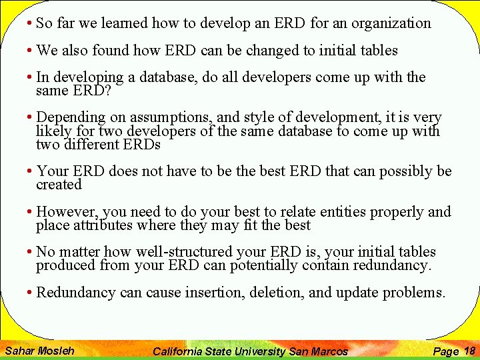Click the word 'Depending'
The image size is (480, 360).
[69, 117]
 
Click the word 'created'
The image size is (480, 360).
[59, 185]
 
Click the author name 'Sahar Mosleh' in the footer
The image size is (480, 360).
[39, 351]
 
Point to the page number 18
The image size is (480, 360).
[469, 350]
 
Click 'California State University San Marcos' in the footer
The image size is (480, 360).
[250, 351]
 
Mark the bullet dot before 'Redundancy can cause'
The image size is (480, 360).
[31, 293]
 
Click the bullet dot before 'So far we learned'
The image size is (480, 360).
[31, 24]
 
